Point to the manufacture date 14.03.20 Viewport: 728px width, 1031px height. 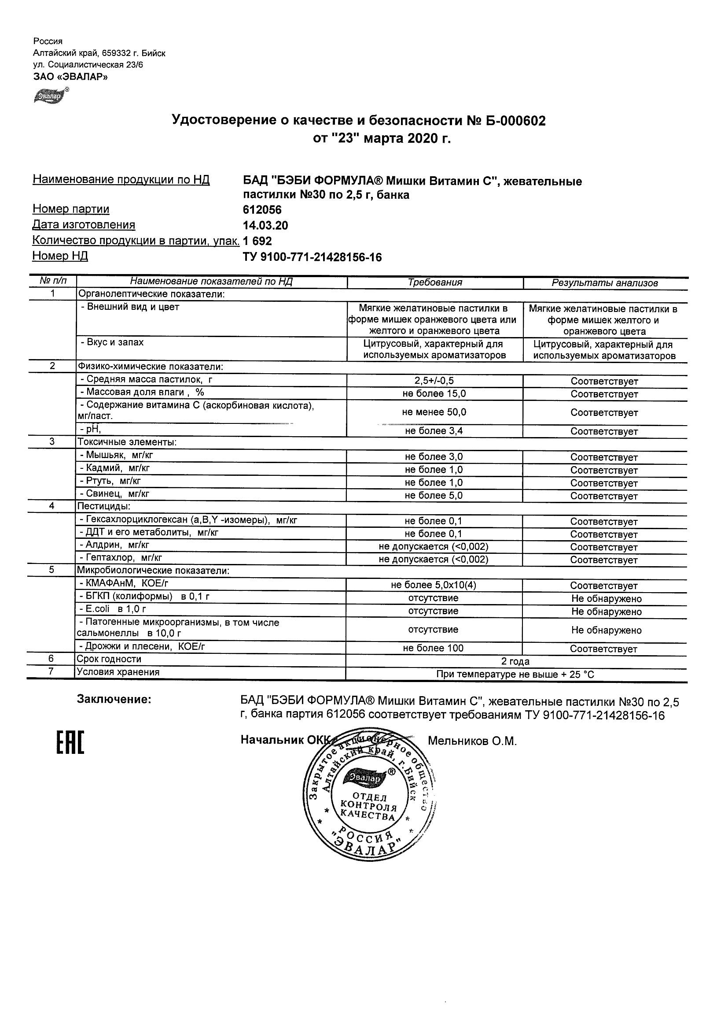pyautogui.click(x=265, y=226)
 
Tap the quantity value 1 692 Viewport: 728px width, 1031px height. pyautogui.click(x=257, y=241)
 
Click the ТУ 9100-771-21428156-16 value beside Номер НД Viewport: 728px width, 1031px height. pyautogui.click(x=312, y=257)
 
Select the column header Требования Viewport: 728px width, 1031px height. pyautogui.click(x=435, y=282)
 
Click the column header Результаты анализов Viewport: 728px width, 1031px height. pyautogui.click(x=604, y=283)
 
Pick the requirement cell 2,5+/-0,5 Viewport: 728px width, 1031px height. pyautogui.click(x=434, y=381)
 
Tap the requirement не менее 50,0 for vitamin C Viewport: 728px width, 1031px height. pyautogui.click(x=434, y=412)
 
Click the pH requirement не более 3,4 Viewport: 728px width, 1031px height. pyautogui.click(x=434, y=431)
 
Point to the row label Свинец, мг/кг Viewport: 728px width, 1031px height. pyautogui.click(x=114, y=494)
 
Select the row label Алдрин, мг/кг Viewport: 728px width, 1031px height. pyautogui.click(x=114, y=545)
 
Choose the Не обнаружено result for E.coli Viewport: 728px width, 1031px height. pyautogui.click(x=606, y=612)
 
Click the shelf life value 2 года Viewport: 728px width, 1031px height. pyautogui.click(x=515, y=661)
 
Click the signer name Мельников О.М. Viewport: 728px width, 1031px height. pyautogui.click(x=472, y=742)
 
